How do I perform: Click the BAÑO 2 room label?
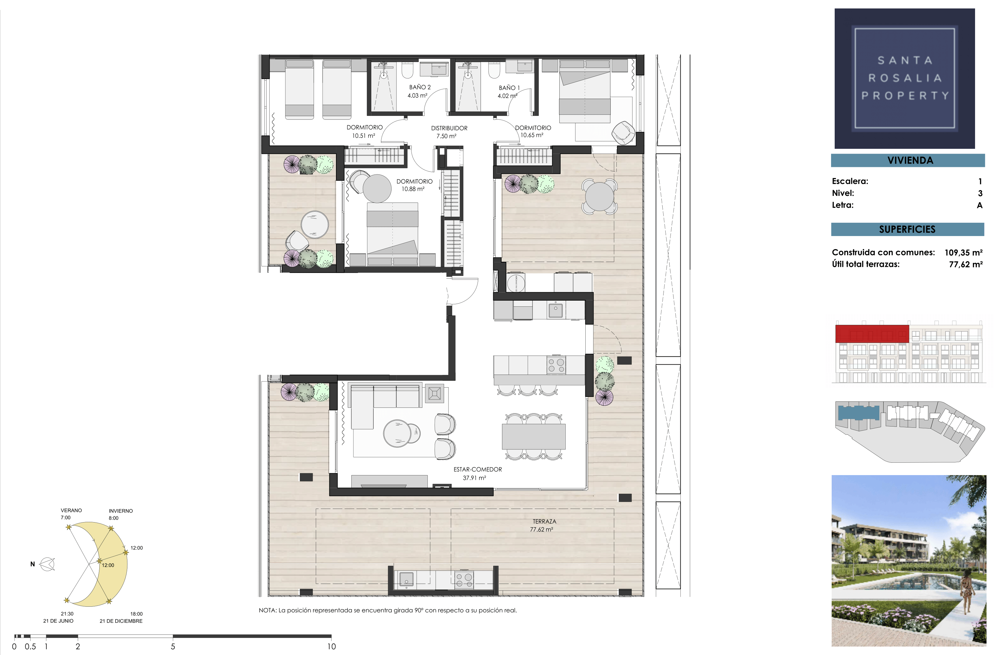click(419, 91)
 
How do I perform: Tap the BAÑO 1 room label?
click(509, 91)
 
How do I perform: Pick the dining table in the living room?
click(534, 436)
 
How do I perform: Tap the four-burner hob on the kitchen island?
click(556, 365)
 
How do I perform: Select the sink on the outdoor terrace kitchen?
click(406, 579)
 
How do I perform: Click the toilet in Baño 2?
click(408, 70)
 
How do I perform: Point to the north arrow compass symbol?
click(47, 564)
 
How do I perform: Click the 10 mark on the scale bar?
click(331, 647)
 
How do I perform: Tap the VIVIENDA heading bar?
click(908, 160)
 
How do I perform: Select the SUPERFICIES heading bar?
click(907, 229)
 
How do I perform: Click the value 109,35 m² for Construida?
click(963, 252)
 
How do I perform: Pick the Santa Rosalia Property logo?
click(904, 78)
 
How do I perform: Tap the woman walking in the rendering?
click(967, 592)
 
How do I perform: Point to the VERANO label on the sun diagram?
click(71, 510)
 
